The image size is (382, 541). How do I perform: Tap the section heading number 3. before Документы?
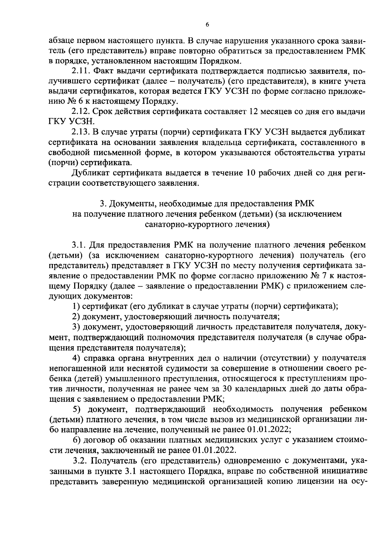pos(102,204)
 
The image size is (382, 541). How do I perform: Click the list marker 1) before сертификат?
pos(75,306)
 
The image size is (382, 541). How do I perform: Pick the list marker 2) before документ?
pos(75,316)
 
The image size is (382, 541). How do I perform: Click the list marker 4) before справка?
pos(76,358)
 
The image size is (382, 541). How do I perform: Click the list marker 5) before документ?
pos(76,409)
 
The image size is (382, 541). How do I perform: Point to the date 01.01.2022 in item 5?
pos(268,429)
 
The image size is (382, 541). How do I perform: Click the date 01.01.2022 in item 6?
pos(214,450)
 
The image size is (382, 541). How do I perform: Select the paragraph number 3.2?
pos(80,461)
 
